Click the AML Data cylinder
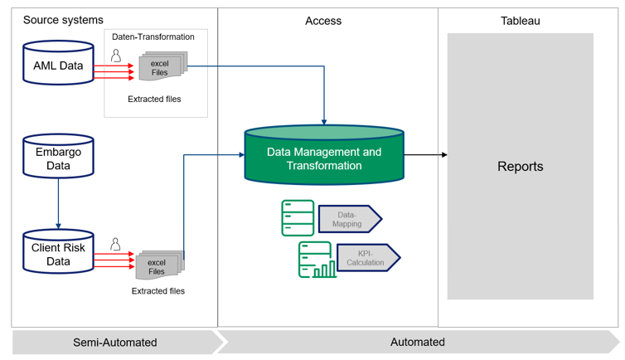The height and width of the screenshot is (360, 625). tap(58, 65)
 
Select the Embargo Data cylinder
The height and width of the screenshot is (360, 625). tap(58, 158)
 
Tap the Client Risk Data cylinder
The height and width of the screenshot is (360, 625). tap(58, 254)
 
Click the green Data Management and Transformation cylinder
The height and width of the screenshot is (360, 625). tap(324, 158)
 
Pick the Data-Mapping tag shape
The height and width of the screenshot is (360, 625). tap(349, 219)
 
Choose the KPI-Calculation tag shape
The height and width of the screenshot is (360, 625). tap(367, 257)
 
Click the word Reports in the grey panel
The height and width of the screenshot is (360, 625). tap(520, 166)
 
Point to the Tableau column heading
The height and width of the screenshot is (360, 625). tap(520, 21)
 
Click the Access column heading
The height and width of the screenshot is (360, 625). tap(323, 21)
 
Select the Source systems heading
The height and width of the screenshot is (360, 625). tap(63, 20)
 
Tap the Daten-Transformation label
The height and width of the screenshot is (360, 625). tap(153, 36)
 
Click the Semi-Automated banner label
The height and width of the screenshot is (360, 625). tap(114, 342)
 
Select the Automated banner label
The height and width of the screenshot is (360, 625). tap(417, 342)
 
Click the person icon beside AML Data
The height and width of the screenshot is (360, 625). tap(116, 56)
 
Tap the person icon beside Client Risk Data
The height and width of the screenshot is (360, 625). tap(116, 245)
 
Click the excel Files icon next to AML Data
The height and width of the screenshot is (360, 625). tap(161, 67)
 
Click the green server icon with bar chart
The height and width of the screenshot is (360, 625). tap(317, 260)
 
